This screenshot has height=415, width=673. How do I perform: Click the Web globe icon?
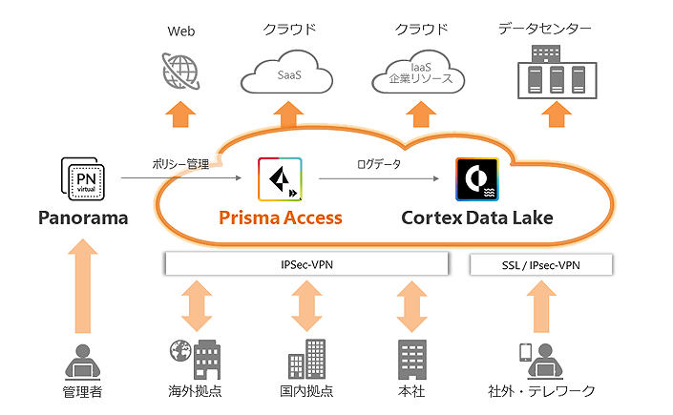click(x=180, y=70)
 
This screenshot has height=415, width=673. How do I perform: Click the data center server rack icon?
click(x=551, y=72)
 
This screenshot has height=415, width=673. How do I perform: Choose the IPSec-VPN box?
click(x=306, y=263)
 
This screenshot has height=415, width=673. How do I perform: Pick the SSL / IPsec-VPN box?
click(x=540, y=263)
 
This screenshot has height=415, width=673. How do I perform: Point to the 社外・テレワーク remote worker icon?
click(x=539, y=358)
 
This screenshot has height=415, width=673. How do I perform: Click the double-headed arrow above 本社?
click(x=411, y=306)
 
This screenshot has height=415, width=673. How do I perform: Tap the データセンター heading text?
click(x=544, y=30)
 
